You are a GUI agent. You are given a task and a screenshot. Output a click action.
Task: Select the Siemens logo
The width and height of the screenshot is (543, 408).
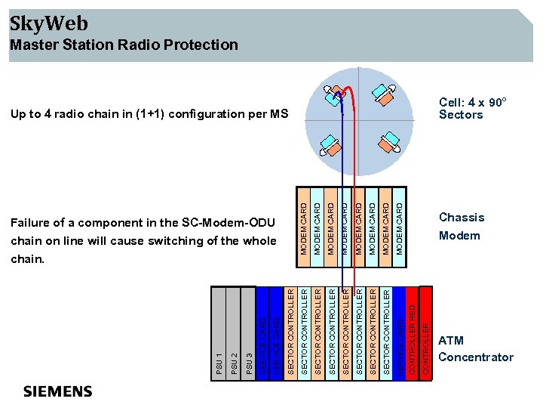click(x=58, y=391)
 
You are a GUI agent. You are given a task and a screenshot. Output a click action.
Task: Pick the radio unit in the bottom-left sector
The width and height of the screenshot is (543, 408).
click(x=330, y=144)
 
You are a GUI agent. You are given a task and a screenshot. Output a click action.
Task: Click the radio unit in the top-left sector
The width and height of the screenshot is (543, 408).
click(x=333, y=96)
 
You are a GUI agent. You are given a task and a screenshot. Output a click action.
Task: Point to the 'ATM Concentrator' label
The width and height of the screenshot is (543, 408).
click(x=475, y=349)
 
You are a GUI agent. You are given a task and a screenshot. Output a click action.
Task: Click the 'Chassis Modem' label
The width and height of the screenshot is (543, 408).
click(x=461, y=226)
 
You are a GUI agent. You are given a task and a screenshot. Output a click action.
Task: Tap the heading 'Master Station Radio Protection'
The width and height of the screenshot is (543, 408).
click(x=124, y=45)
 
